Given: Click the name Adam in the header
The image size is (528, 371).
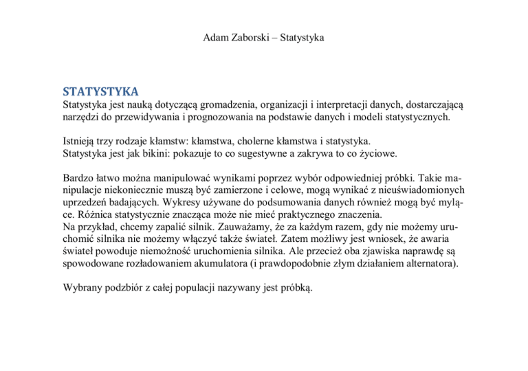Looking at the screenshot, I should point(217,36).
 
